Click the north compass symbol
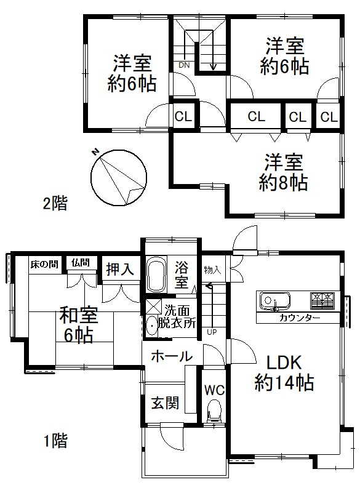118,177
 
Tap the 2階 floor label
55,204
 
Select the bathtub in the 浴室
155,275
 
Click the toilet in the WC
214,411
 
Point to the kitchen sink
271,302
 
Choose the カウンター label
299,318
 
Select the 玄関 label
165,403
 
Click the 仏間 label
80,263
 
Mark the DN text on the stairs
184,65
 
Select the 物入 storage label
212,269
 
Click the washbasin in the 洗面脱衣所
151,324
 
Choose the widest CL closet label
257,116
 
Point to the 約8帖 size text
284,182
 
